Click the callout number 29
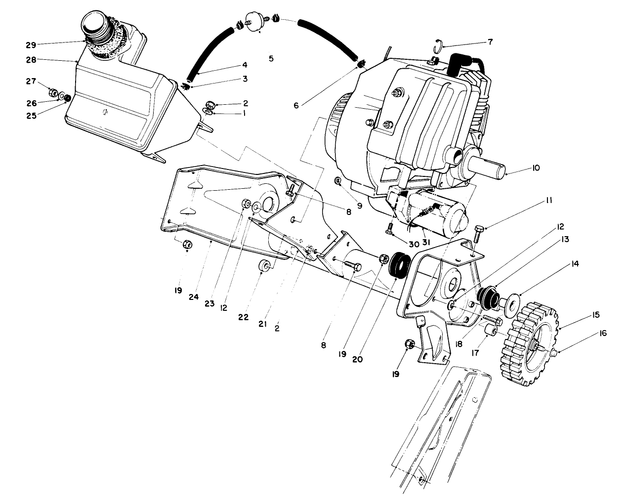[x=31, y=45]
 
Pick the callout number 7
[x=490, y=42]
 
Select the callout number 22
[x=243, y=317]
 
